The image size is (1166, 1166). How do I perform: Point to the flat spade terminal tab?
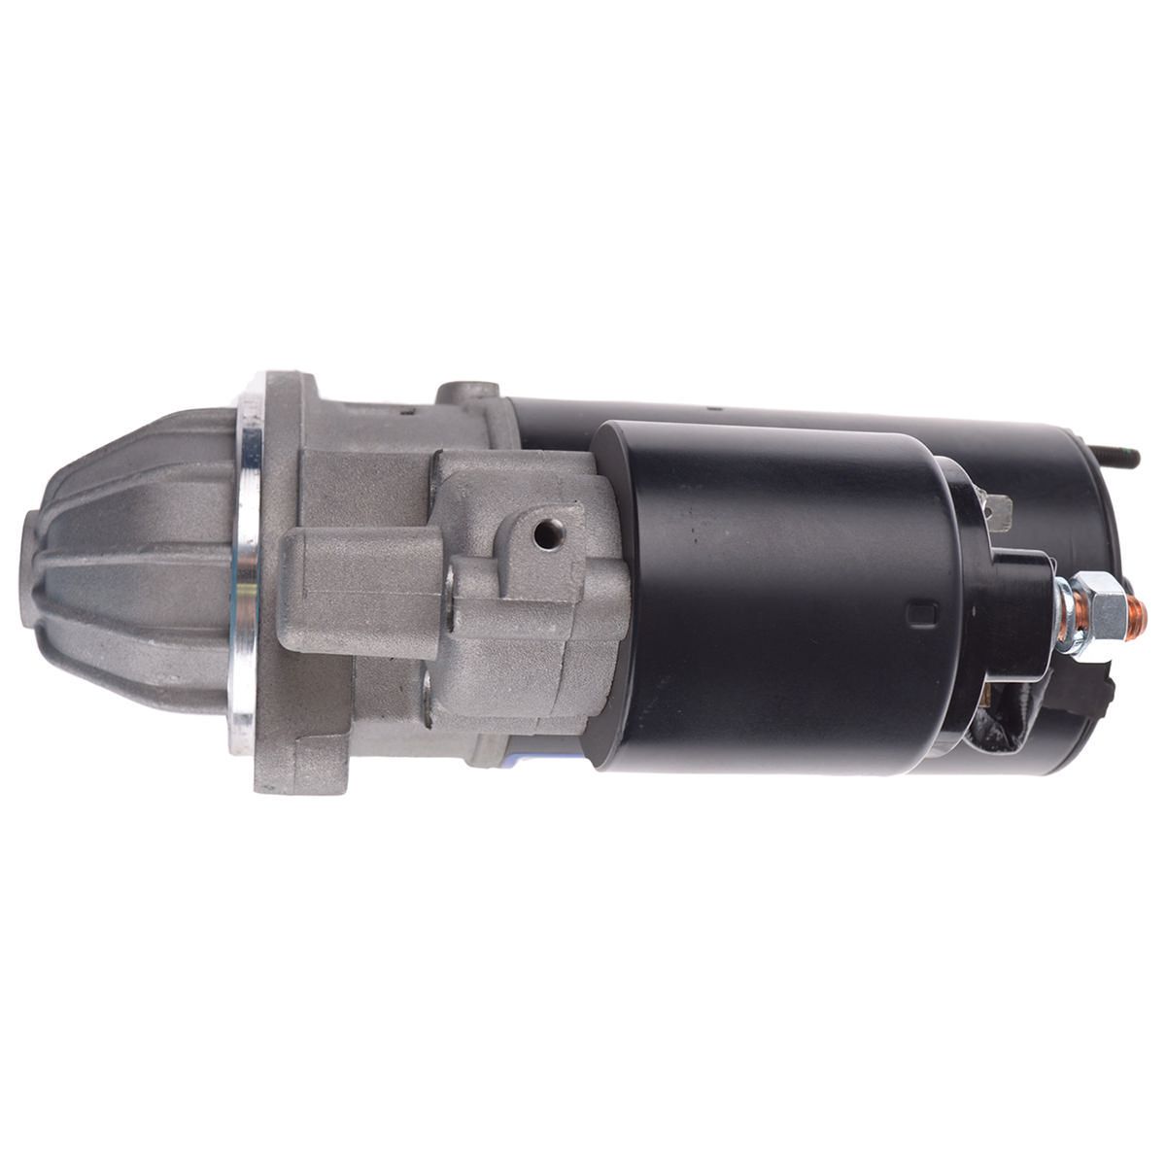tap(1000, 511)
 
